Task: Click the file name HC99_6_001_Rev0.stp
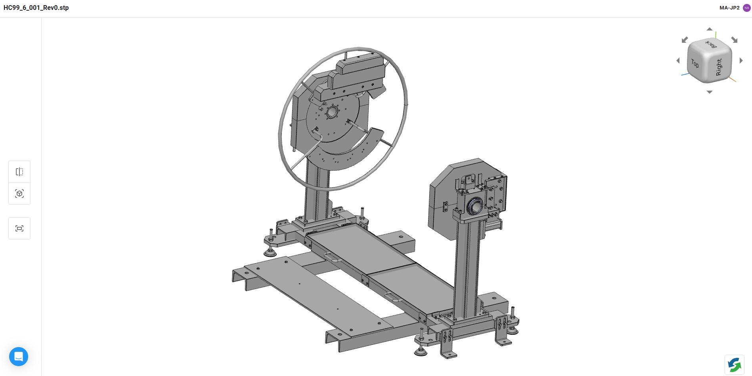coord(36,8)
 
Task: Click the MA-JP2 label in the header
coord(729,8)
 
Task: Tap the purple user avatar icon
coord(747,8)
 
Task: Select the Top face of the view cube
coord(695,63)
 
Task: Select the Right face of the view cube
coord(719,67)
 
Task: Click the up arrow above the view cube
coord(710,29)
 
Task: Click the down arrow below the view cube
coord(710,92)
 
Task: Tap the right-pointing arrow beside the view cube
coord(741,61)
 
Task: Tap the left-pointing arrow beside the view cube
coord(678,61)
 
